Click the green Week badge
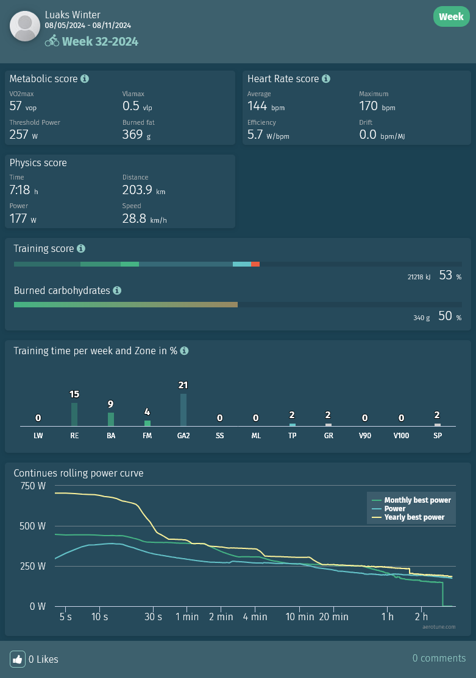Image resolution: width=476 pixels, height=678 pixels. tap(451, 16)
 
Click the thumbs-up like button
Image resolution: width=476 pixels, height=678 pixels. tap(17, 659)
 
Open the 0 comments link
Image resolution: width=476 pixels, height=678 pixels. tap(439, 658)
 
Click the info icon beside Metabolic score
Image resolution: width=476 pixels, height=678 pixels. tap(85, 79)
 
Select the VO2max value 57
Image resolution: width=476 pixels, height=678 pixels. tap(16, 105)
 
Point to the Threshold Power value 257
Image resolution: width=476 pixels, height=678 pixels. tap(19, 134)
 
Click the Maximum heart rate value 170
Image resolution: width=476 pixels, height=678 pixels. tap(369, 105)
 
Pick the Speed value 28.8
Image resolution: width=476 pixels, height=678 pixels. tap(134, 218)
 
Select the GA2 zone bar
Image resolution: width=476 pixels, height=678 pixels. tap(183, 410)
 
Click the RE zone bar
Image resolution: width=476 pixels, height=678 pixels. tap(74, 414)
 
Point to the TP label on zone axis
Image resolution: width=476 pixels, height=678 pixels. tap(293, 436)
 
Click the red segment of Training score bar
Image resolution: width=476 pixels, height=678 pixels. tap(255, 264)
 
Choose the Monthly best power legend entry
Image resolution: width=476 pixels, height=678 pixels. tap(417, 500)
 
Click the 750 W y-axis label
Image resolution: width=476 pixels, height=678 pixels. tap(33, 486)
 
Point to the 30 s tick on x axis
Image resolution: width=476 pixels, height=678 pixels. tap(153, 617)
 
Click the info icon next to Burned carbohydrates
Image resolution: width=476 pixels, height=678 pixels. tap(117, 290)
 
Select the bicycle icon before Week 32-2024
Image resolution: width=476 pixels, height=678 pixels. tap(52, 41)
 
